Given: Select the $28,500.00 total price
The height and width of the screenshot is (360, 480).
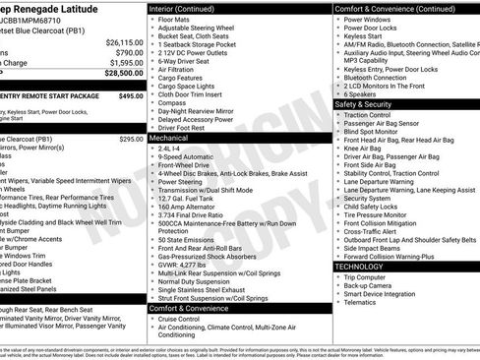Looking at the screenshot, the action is (x=124, y=73).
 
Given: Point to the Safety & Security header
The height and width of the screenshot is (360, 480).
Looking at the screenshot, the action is (x=370, y=104).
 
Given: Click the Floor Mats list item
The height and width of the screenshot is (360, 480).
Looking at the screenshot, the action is (x=174, y=19).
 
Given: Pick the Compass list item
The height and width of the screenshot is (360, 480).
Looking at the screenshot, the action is (x=173, y=102).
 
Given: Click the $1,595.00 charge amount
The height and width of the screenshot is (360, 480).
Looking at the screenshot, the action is (x=124, y=62).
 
